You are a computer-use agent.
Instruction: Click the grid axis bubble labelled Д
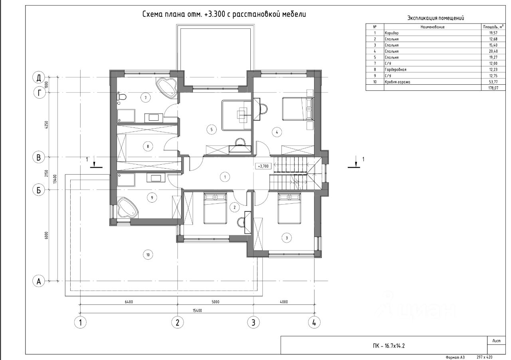39,78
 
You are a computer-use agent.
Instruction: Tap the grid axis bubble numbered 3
254,322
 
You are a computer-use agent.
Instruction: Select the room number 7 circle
146,98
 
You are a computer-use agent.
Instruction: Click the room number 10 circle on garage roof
148,255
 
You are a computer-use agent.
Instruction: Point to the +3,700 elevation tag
263,166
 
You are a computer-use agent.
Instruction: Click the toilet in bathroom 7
122,97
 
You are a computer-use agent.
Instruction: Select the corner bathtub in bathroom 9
127,208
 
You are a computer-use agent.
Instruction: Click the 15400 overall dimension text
197,310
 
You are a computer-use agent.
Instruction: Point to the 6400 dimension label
129,302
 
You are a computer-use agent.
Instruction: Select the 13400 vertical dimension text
55,179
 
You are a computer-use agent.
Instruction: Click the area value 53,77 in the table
493,82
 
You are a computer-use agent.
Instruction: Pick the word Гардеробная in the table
396,70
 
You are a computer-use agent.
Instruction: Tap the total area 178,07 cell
493,88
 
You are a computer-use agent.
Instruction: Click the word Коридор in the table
392,33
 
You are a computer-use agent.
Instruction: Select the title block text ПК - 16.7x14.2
389,346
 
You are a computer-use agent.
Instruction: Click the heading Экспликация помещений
436,18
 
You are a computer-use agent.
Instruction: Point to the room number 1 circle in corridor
225,177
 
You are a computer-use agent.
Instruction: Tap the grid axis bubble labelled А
39,281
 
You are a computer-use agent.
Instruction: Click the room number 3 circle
287,238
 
